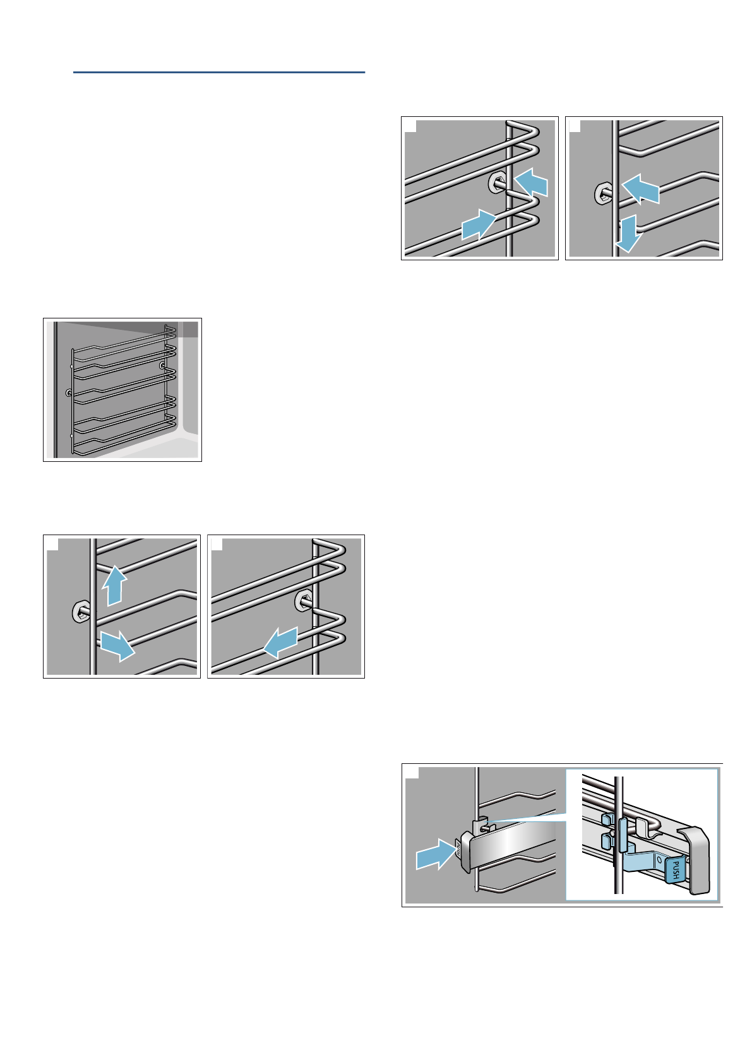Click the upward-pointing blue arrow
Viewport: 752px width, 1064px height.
pyautogui.click(x=113, y=584)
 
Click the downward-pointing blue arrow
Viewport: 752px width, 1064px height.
pyautogui.click(x=629, y=234)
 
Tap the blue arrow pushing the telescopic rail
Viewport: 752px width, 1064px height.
pyautogui.click(x=435, y=857)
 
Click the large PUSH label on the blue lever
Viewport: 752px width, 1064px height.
pyautogui.click(x=674, y=870)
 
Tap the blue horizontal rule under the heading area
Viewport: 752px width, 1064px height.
pyautogui.click(x=219, y=73)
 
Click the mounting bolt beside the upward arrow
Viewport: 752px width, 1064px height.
pyautogui.click(x=81, y=611)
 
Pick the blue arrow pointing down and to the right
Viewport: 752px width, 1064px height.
pyautogui.click(x=117, y=645)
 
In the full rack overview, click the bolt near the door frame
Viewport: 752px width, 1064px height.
pyautogui.click(x=68, y=393)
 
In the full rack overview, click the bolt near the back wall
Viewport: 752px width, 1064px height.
pyautogui.click(x=163, y=365)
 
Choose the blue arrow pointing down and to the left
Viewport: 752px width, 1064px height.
pyautogui.click(x=280, y=643)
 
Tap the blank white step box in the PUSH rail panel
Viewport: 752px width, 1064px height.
pyautogui.click(x=411, y=773)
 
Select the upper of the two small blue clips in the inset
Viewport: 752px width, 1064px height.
pyautogui.click(x=607, y=819)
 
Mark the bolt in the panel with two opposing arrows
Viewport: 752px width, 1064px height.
pyautogui.click(x=496, y=183)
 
